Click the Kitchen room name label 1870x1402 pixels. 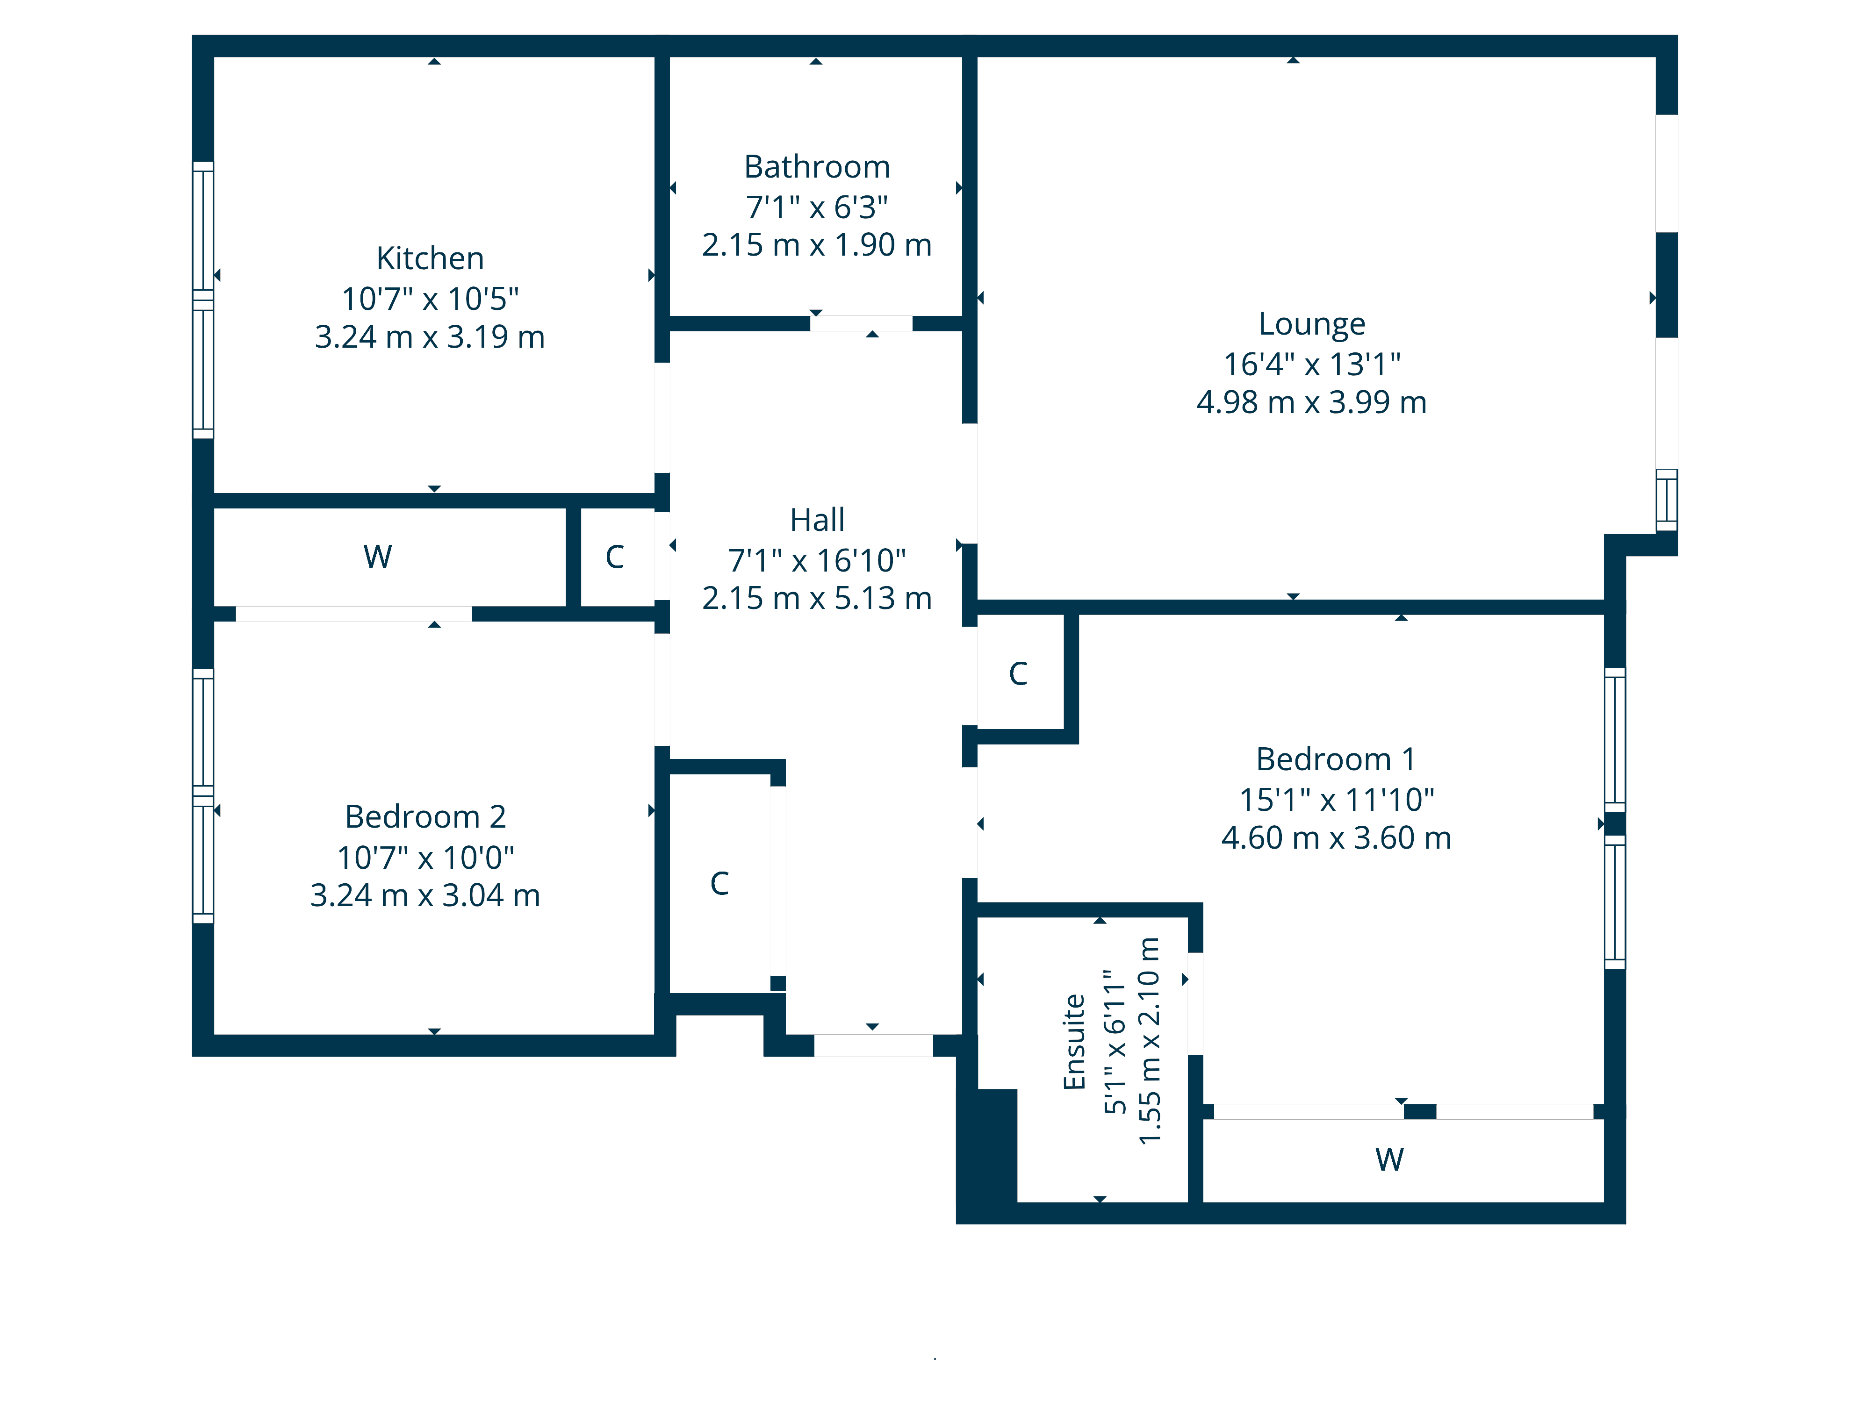click(x=430, y=258)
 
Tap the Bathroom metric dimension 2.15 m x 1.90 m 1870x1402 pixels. click(x=817, y=245)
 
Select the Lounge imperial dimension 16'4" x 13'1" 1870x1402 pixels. click(x=1311, y=364)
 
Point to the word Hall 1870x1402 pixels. click(x=817, y=520)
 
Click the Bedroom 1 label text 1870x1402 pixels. click(x=1336, y=759)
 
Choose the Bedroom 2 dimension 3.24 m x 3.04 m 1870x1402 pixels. click(x=425, y=895)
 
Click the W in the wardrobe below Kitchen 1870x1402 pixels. click(x=377, y=556)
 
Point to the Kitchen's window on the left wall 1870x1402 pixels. click(x=203, y=300)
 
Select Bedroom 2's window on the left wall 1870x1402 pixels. click(x=203, y=795)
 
